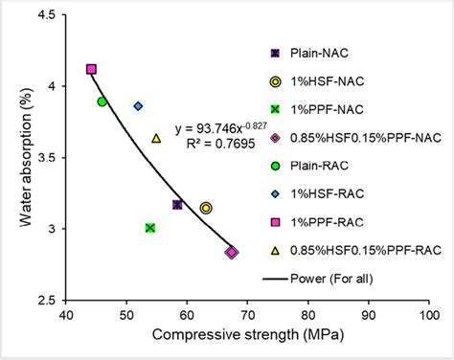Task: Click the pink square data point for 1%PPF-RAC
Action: [91, 69]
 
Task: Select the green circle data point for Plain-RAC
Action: [102, 101]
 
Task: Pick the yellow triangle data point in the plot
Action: [156, 138]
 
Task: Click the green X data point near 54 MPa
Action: [150, 227]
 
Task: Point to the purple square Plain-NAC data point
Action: [177, 205]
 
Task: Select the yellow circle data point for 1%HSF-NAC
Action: [205, 208]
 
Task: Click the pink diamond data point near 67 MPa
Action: [231, 252]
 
